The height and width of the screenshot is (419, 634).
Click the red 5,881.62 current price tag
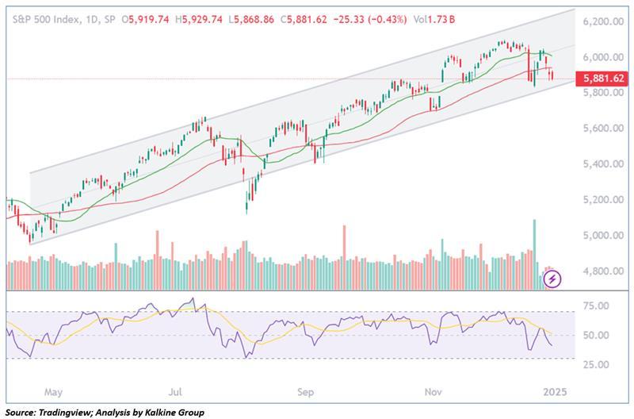click(602, 78)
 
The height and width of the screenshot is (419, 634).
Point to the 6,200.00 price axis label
click(603, 21)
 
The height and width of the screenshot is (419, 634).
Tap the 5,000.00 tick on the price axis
click(603, 235)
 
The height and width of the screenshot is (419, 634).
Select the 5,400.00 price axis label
click(603, 164)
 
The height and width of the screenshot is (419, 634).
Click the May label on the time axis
click(53, 392)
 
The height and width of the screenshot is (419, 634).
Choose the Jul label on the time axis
click(175, 392)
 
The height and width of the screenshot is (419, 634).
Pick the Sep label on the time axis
click(305, 392)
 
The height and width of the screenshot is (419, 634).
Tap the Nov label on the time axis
click(433, 392)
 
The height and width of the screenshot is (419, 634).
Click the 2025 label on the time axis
click(555, 392)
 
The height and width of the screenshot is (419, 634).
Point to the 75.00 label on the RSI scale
click(598, 306)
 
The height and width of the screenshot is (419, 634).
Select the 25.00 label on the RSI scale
click(598, 364)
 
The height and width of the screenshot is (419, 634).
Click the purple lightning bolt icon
click(552, 279)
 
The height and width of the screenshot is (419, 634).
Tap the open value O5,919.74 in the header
click(145, 19)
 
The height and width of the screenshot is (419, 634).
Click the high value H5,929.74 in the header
click(199, 19)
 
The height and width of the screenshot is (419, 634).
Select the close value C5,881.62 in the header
click(304, 19)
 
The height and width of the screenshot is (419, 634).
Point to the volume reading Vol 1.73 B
click(434, 19)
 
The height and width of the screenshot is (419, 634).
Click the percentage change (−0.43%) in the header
click(388, 19)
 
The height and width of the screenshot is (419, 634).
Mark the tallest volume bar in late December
click(534, 255)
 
